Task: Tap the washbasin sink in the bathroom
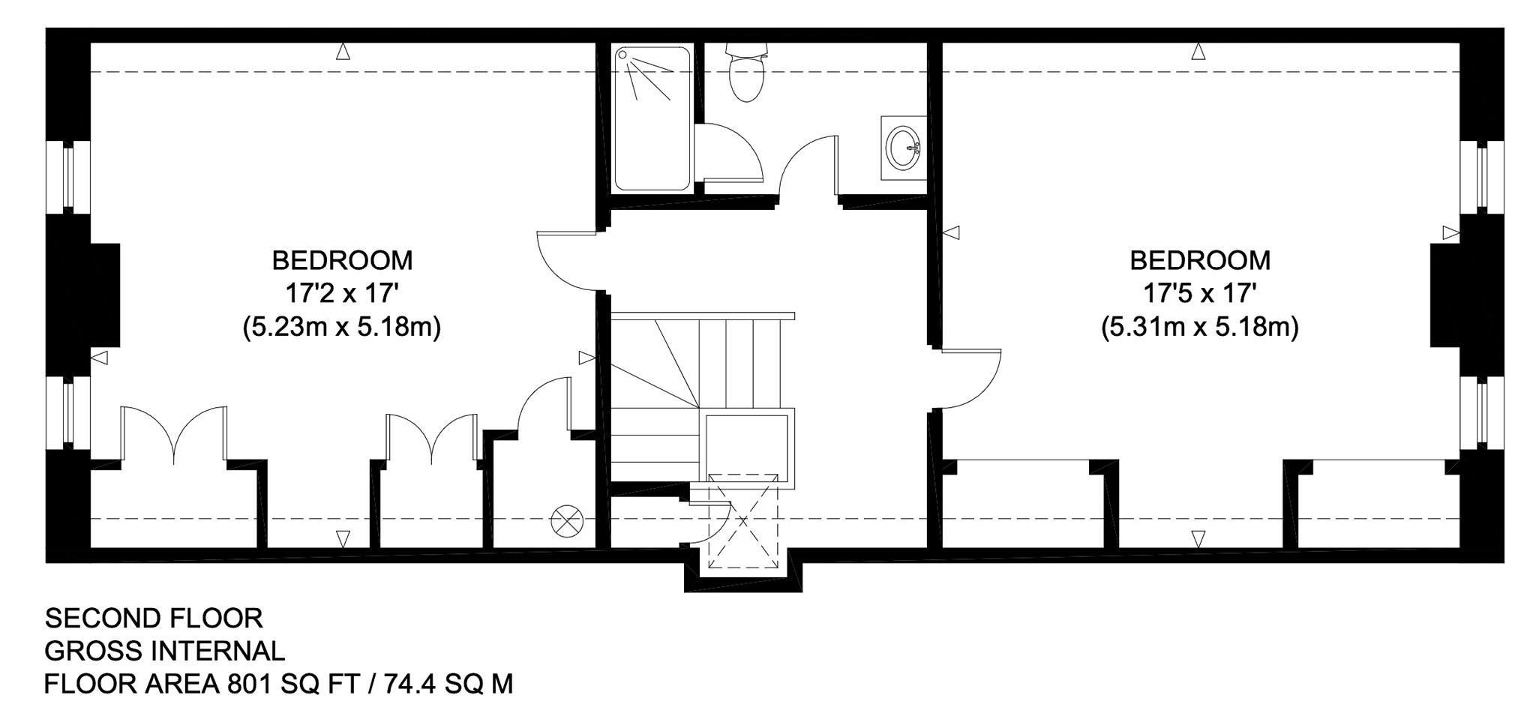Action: pyautogui.click(x=902, y=148)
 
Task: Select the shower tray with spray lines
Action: pyautogui.click(x=652, y=118)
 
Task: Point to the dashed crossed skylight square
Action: pyautogui.click(x=744, y=523)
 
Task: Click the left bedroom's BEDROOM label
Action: pyautogui.click(x=342, y=260)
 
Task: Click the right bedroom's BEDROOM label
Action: pyautogui.click(x=1200, y=260)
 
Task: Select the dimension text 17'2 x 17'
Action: pyautogui.click(x=342, y=293)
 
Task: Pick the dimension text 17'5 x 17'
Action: pyautogui.click(x=1200, y=293)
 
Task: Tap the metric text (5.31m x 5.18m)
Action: pyautogui.click(x=1200, y=328)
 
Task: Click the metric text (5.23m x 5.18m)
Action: pyautogui.click(x=342, y=328)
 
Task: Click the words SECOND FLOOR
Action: pyautogui.click(x=154, y=619)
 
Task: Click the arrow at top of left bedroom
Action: pyautogui.click(x=343, y=52)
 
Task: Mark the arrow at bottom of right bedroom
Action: pyautogui.click(x=1198, y=539)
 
